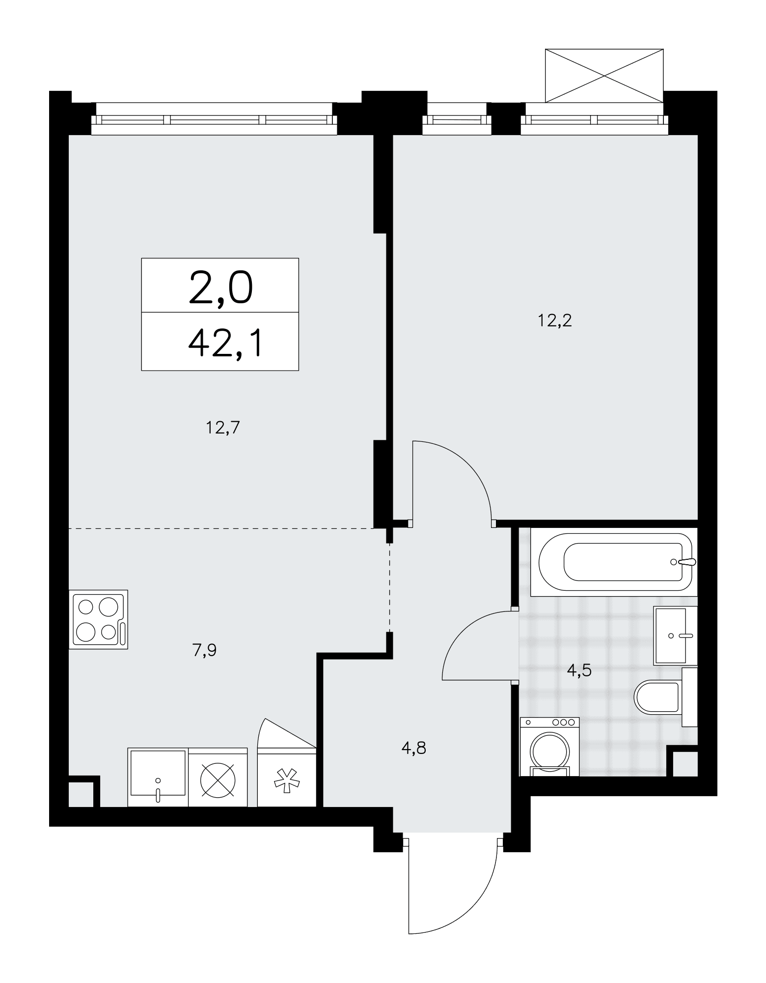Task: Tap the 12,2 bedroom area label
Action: click(x=555, y=321)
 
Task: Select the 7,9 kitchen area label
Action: click(x=204, y=650)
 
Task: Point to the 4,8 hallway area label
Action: click(x=413, y=749)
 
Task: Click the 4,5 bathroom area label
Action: click(x=579, y=670)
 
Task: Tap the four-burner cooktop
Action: click(x=98, y=619)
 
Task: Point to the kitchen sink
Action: click(x=158, y=777)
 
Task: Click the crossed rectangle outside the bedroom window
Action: click(x=604, y=76)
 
